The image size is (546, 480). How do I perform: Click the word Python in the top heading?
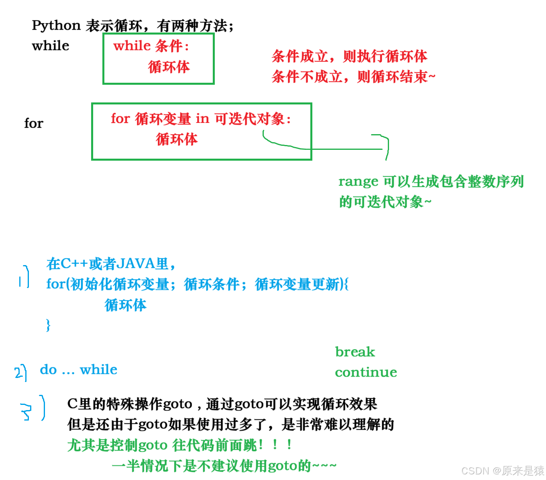[x=56, y=26]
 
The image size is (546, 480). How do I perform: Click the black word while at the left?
[x=51, y=46]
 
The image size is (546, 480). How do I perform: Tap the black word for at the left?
[x=34, y=123]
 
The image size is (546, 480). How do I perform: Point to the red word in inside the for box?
[x=202, y=119]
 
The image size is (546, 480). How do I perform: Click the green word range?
[x=358, y=182]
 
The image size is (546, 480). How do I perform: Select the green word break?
[x=355, y=352]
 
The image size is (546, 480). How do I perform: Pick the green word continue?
[x=366, y=372]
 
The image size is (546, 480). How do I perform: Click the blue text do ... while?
[x=79, y=370]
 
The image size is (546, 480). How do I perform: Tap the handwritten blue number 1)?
[x=24, y=277]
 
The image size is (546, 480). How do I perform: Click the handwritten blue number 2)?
[x=20, y=372]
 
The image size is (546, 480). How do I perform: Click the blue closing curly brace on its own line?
[x=48, y=325]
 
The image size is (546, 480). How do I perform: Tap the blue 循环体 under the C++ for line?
[x=125, y=305]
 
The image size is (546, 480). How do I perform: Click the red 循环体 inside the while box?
[x=169, y=67]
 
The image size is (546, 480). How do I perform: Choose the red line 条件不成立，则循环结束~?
[x=353, y=76]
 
